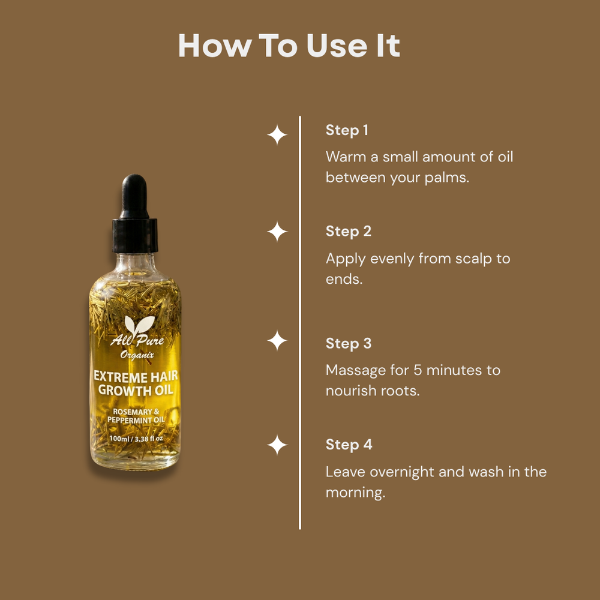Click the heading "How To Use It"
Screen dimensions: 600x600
(x=289, y=46)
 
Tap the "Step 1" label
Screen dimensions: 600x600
(x=347, y=130)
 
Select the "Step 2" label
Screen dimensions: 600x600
(x=348, y=232)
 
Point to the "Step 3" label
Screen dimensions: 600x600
(x=348, y=343)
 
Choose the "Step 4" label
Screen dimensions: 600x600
(x=349, y=445)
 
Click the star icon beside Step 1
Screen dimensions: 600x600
(x=277, y=135)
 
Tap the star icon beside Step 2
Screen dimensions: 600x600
(x=277, y=232)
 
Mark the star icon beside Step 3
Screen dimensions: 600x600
(x=277, y=341)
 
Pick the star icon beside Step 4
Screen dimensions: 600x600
(x=277, y=445)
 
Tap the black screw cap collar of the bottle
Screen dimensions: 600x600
(x=134, y=235)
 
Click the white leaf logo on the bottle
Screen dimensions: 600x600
(x=139, y=325)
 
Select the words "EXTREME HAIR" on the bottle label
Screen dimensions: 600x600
(x=136, y=377)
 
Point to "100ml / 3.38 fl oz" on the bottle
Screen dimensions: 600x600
(x=136, y=439)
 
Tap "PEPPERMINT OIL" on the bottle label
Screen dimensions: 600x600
(x=136, y=420)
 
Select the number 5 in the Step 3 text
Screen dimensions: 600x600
(x=418, y=370)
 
